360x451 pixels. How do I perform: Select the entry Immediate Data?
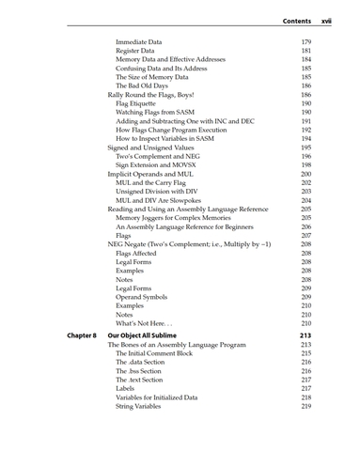[138, 43]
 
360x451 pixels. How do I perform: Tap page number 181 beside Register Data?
[305, 55]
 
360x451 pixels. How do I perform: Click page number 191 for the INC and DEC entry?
[305, 134]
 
